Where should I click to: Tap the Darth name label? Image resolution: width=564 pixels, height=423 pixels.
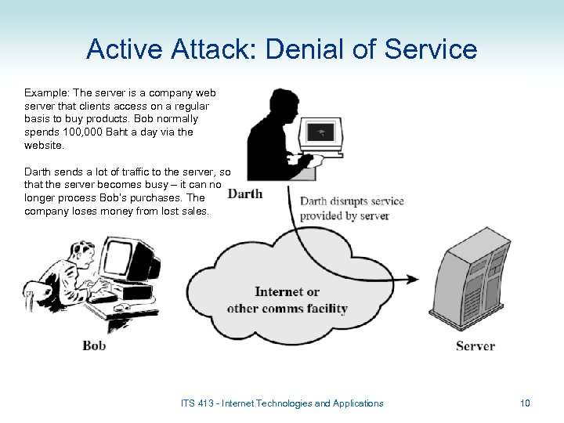(245, 193)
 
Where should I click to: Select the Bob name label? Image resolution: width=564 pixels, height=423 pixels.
(94, 345)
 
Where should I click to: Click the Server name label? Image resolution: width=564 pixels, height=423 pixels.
(475, 345)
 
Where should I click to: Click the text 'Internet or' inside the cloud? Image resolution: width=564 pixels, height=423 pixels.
(287, 292)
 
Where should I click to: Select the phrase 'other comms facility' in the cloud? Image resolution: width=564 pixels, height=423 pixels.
(287, 308)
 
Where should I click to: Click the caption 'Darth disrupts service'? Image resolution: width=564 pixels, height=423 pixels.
(352, 201)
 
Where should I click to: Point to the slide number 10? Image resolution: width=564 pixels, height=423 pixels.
(525, 403)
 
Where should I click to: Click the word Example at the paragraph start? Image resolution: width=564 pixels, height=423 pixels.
(46, 92)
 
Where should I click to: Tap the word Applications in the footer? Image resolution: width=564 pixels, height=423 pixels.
(358, 403)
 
